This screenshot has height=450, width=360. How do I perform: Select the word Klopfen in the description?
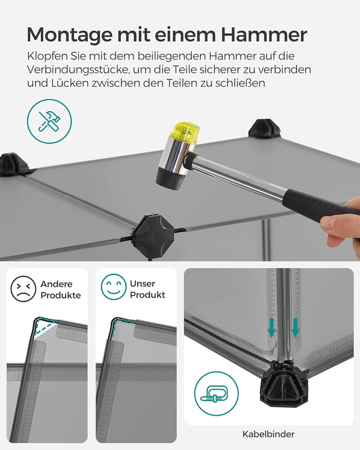pyautogui.click(x=46, y=57)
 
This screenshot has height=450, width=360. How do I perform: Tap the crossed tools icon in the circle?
pyautogui.click(x=49, y=121)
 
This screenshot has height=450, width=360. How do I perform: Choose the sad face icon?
pyautogui.click(x=23, y=289)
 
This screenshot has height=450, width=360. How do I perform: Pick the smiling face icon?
pyautogui.click(x=113, y=287)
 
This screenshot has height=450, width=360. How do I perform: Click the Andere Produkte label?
pyautogui.click(x=60, y=290)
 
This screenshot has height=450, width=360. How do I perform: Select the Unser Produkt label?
pyautogui.click(x=147, y=290)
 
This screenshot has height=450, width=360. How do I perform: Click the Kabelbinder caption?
pyautogui.click(x=268, y=434)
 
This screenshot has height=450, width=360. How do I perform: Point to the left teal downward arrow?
pyautogui.click(x=272, y=328)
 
